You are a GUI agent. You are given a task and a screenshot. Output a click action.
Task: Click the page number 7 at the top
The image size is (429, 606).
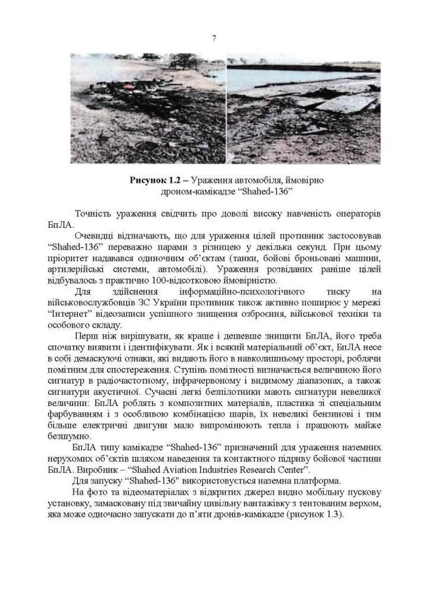[214, 38]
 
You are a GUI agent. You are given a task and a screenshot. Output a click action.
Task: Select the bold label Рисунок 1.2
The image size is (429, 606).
[152, 181]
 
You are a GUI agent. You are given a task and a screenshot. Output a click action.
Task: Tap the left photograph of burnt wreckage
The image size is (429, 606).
[147, 108]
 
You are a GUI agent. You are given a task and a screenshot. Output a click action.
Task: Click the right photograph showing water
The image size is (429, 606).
[303, 108]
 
